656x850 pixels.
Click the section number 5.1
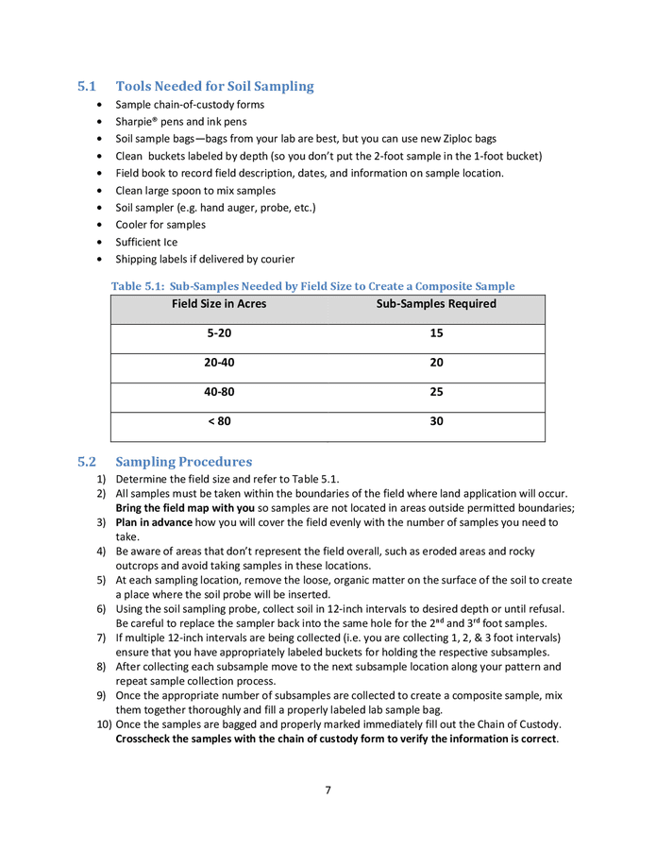(87, 87)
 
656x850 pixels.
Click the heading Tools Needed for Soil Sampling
(214, 87)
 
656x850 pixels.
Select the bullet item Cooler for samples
(160, 225)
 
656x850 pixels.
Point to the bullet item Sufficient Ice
(146, 242)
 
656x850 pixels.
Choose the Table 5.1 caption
(312, 286)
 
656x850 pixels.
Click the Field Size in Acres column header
(219, 304)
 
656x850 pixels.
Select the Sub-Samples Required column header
(436, 304)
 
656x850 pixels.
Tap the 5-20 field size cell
(219, 333)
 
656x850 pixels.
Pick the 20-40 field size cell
(219, 363)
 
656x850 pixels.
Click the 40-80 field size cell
(219, 392)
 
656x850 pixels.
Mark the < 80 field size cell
(219, 422)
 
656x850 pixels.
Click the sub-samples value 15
(436, 333)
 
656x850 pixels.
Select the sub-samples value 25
(436, 392)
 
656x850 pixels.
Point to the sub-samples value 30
(436, 422)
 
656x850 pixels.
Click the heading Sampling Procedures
(183, 462)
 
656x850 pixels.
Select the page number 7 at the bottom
(328, 790)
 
